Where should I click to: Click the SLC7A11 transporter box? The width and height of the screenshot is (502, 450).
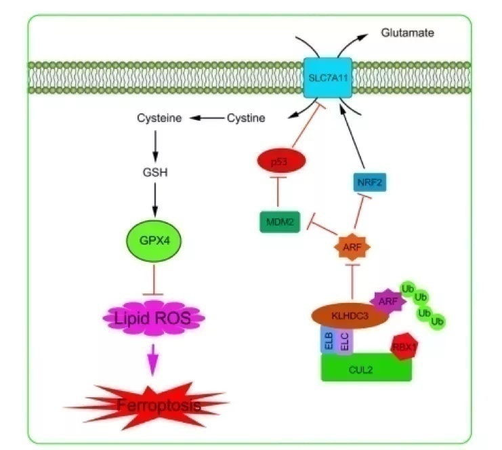coord(331,79)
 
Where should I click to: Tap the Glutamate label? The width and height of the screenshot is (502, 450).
coord(406,32)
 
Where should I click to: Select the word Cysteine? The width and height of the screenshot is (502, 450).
coord(160,119)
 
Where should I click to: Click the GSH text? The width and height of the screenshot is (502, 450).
coord(155,171)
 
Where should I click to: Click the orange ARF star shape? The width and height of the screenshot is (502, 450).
coord(352,247)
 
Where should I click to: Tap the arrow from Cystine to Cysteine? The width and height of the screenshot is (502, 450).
coord(206,119)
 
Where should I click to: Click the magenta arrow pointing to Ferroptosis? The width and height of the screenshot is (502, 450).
coord(155,355)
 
